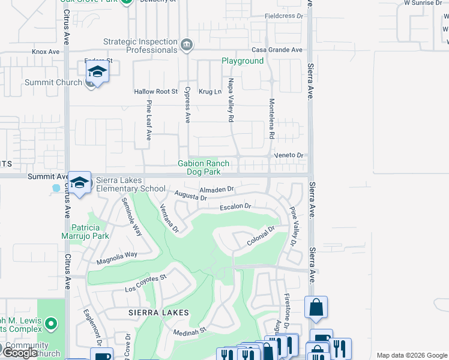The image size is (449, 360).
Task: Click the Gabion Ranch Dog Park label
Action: pos(203,167)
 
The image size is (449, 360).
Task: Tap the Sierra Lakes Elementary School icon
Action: pos(79,183)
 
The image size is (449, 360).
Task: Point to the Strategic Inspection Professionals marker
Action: pos(187,44)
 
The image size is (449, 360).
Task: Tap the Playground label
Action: pos(243,61)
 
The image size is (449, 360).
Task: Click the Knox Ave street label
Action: pos(46,52)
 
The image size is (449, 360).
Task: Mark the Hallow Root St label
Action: pos(156,92)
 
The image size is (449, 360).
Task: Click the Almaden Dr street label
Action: pos(216,189)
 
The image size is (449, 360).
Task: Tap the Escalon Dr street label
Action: pos(235,206)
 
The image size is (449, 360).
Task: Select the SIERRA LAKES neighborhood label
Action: pos(158,313)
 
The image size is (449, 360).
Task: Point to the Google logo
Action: pos(20,353)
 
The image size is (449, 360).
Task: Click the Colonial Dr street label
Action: pos(260,236)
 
